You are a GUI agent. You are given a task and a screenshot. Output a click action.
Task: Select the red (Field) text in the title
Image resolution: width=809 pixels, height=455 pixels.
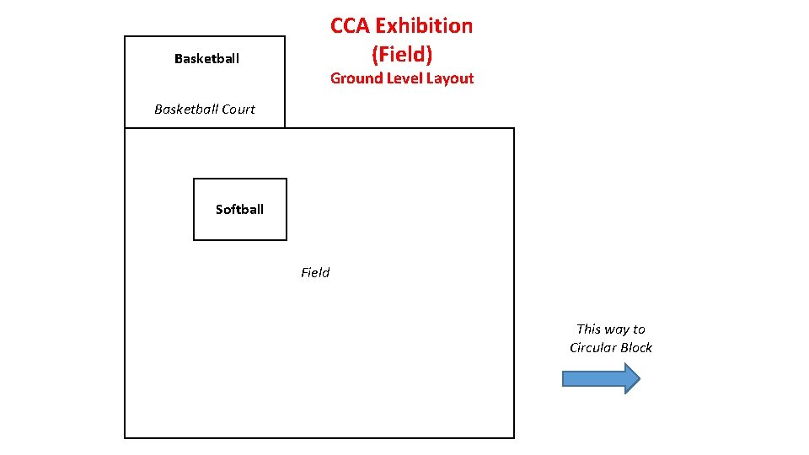pyautogui.click(x=402, y=55)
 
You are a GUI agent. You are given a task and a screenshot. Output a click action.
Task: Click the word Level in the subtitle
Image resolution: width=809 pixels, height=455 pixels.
pyautogui.click(x=407, y=78)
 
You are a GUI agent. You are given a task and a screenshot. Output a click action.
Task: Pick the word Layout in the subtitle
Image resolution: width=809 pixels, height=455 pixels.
pyautogui.click(x=453, y=78)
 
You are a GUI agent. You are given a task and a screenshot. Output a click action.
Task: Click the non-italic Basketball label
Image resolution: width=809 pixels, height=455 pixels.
pyautogui.click(x=206, y=58)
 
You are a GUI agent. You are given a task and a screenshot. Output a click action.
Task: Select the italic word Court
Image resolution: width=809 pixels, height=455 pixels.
pyautogui.click(x=238, y=109)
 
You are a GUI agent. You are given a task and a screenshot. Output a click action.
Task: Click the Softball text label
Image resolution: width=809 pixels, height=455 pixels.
pyautogui.click(x=239, y=210)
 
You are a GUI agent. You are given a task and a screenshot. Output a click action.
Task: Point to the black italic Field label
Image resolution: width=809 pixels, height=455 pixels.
pyautogui.click(x=315, y=272)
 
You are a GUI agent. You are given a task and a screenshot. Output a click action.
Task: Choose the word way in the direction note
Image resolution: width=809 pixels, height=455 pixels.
pyautogui.click(x=618, y=329)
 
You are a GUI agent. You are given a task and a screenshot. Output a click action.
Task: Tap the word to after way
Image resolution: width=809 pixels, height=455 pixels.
pyautogui.click(x=639, y=329)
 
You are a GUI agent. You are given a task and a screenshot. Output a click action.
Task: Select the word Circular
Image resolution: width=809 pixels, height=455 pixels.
pyautogui.click(x=592, y=348)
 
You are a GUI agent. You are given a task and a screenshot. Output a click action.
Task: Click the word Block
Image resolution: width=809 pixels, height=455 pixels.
pyautogui.click(x=635, y=348)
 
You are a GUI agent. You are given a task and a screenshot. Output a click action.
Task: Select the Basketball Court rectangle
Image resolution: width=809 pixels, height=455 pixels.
pyautogui.click(x=205, y=84)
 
